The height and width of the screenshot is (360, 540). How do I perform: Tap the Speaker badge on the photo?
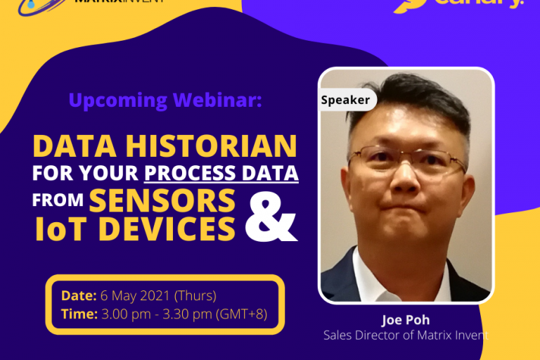345,100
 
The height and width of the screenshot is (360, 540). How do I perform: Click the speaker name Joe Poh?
405,321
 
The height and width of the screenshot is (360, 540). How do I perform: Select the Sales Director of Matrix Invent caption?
405,335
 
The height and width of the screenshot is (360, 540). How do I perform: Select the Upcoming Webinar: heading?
165,101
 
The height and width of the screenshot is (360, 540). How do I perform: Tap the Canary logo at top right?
457,4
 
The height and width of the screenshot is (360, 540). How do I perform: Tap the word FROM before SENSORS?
58,200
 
